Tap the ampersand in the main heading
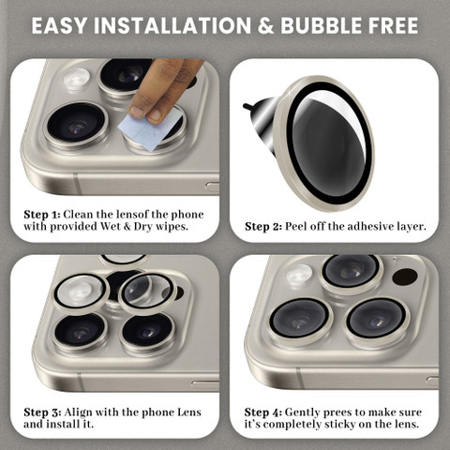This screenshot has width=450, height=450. [x=265, y=25]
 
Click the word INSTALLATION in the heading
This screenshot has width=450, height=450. [x=172, y=25]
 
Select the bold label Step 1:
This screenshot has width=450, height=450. [x=41, y=215]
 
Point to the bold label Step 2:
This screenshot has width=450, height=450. [x=263, y=227]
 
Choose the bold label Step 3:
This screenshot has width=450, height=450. [x=42, y=412]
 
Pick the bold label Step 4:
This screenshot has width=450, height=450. [x=263, y=412]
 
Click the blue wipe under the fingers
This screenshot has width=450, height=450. [x=150, y=128]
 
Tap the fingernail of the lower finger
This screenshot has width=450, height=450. [x=137, y=112]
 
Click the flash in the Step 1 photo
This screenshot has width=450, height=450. [x=77, y=78]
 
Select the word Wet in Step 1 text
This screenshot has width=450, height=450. [x=111, y=226]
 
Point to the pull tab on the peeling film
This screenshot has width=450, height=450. [x=249, y=107]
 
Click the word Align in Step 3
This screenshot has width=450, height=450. [x=78, y=412]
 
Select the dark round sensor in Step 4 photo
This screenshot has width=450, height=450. [x=405, y=277]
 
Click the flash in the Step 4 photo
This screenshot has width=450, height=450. [x=299, y=275]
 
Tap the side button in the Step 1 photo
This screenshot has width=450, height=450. [x=213, y=187]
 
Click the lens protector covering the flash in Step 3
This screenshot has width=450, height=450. [x=81, y=292]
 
